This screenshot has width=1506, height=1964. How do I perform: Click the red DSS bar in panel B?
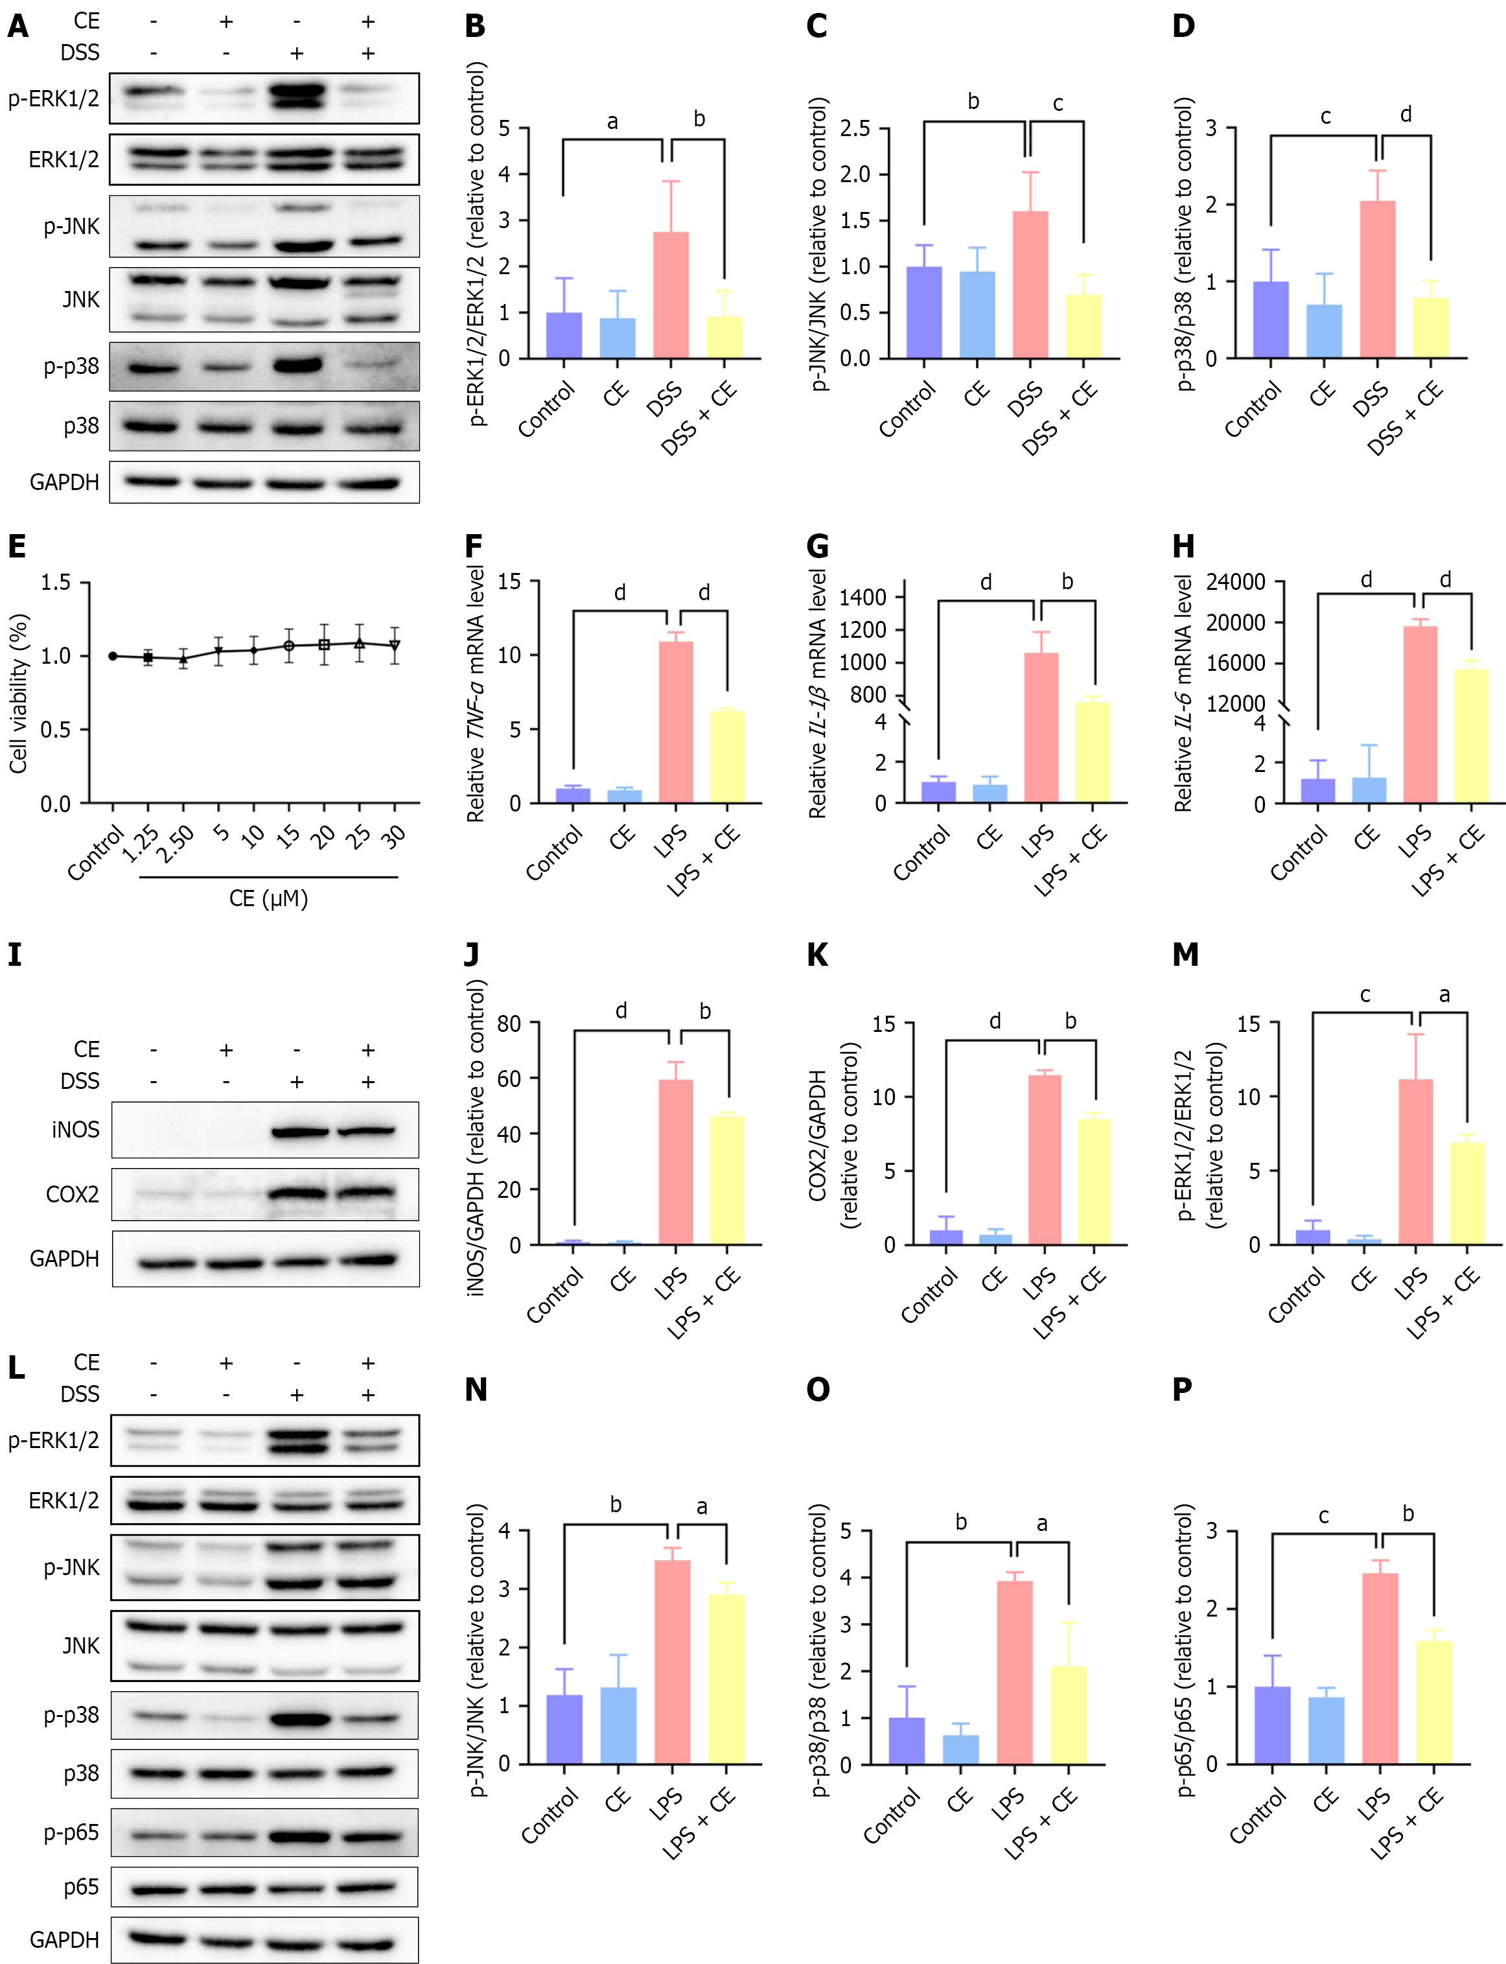671,295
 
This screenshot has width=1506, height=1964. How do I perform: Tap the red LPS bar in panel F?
676,721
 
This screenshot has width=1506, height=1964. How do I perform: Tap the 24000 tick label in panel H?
1235,582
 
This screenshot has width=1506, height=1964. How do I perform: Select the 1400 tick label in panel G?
863,597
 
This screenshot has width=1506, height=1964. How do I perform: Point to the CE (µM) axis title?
268,898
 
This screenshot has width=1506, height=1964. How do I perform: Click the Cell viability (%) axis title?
18,693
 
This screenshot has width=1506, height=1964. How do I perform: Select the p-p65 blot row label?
72,1832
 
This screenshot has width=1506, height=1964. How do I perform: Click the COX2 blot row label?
73,1194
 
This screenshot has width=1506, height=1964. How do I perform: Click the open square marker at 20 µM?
325,644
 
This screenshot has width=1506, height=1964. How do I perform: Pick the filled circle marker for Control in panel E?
113,656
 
